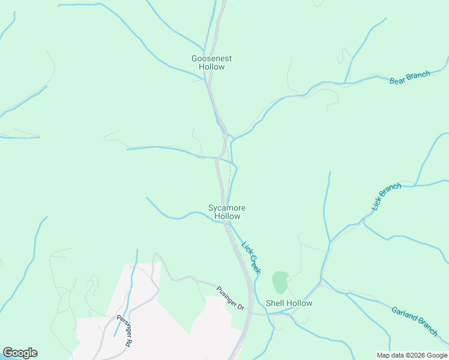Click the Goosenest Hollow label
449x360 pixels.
point(211,62)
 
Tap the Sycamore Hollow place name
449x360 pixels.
point(227,212)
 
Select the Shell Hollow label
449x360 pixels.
point(289,303)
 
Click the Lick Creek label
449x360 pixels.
point(251,257)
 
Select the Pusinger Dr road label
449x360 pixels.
point(230,298)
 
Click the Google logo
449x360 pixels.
point(20,353)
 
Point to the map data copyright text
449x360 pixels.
point(411,355)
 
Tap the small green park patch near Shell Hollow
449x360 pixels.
point(280,282)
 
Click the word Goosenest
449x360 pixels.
point(211,58)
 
